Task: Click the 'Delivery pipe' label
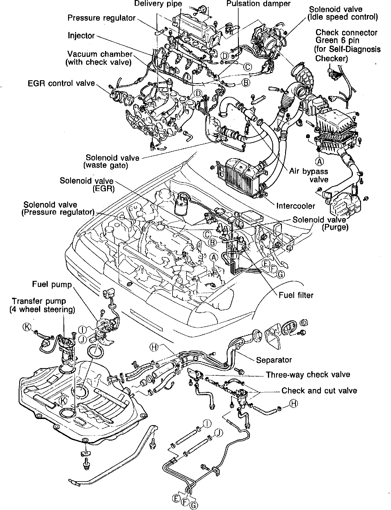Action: click(x=158, y=4)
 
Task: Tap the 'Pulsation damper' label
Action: click(x=258, y=4)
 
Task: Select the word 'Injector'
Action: click(x=81, y=35)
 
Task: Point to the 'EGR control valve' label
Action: click(x=61, y=83)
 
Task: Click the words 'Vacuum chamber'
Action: click(x=100, y=54)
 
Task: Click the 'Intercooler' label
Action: click(x=296, y=206)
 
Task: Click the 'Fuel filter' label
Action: click(x=296, y=295)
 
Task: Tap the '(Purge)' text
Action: click(x=335, y=227)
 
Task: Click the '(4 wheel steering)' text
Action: click(x=42, y=310)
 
